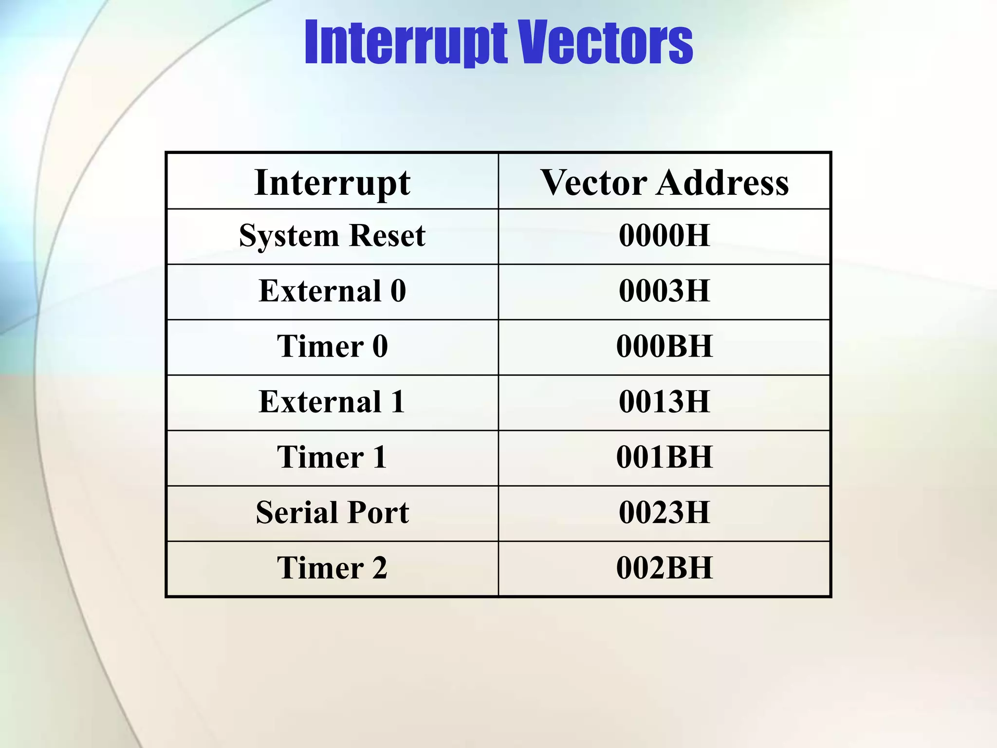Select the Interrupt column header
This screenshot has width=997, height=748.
(x=332, y=183)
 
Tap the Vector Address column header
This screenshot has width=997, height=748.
(x=665, y=183)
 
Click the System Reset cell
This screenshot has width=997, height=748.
(x=332, y=236)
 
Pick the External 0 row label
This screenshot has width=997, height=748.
(x=332, y=291)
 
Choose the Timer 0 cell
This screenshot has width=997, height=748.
(x=332, y=347)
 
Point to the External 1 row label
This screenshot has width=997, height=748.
(x=332, y=402)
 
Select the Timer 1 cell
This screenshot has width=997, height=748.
(x=332, y=457)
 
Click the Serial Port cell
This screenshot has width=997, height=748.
(x=332, y=513)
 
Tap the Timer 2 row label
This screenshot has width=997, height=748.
(x=332, y=568)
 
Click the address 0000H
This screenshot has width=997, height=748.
(x=665, y=236)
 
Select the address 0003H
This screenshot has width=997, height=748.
(x=665, y=291)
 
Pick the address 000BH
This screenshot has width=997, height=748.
(x=665, y=347)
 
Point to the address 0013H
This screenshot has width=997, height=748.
(x=665, y=402)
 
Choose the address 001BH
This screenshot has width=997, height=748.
(x=665, y=457)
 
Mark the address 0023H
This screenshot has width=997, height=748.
(x=665, y=513)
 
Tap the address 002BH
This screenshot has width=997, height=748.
(x=665, y=568)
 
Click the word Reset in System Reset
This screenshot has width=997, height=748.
(x=388, y=236)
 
